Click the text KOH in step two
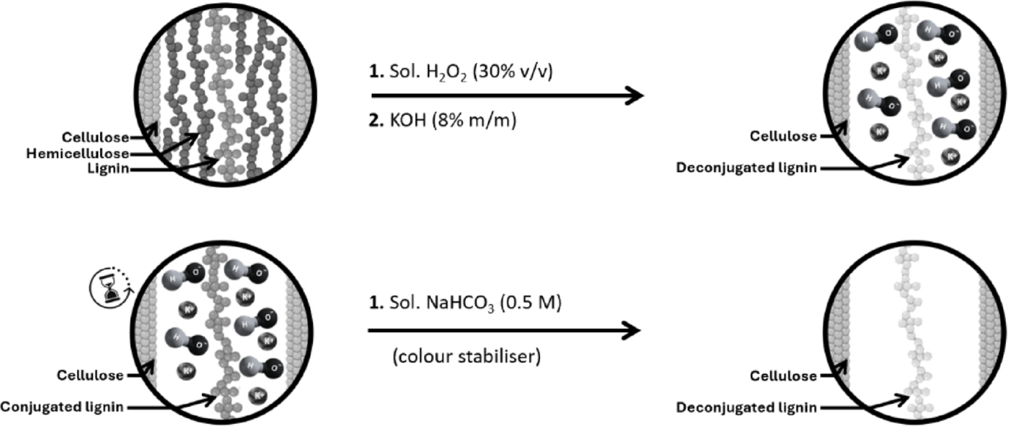coord(411,119)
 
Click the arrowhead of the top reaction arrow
coord(635,96)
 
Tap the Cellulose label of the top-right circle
coord(783,136)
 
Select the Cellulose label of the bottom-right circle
coord(783,376)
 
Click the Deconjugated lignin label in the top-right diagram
coord(749,168)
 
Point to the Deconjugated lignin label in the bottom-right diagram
coord(749,408)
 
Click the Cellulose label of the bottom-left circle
coord(89,375)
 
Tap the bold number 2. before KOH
coord(377,119)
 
